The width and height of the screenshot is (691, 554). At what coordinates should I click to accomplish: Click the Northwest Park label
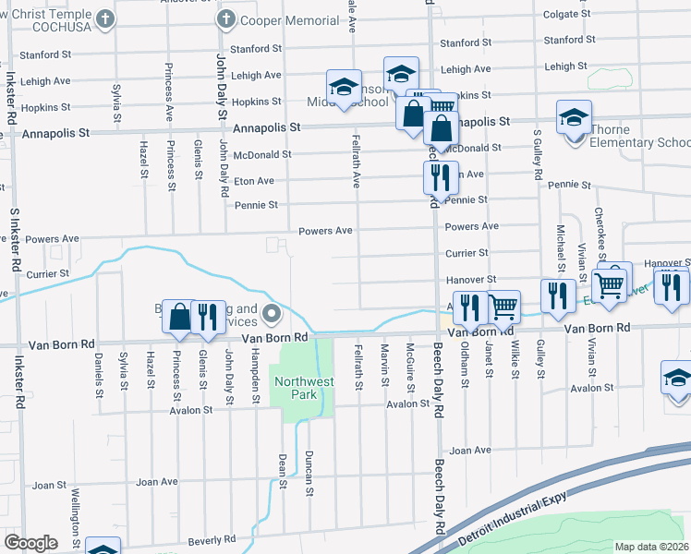[296, 386]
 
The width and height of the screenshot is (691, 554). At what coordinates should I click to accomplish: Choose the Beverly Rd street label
[211, 539]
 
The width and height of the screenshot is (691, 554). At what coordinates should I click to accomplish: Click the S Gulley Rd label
[537, 154]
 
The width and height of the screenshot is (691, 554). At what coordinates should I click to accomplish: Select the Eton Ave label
[253, 181]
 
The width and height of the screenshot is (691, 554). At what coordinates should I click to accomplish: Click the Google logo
[31, 543]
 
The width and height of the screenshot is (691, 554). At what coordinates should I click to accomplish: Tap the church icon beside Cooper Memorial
[225, 18]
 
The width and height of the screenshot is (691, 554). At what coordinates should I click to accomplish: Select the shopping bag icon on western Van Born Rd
[179, 316]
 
